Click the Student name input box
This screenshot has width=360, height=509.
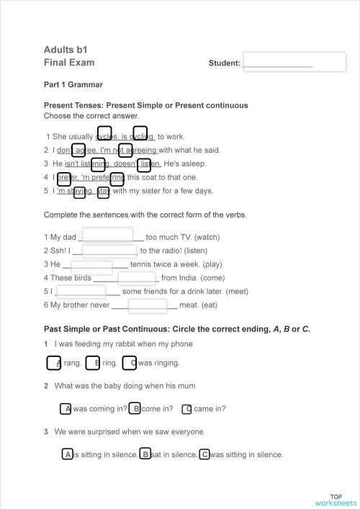point(294,62)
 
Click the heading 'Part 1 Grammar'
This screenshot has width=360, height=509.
point(73,85)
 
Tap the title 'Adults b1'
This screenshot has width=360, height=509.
point(66,50)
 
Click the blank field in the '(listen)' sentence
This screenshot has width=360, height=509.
point(109,251)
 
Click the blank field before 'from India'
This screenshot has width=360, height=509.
point(137,278)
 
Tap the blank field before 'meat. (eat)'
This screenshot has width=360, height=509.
point(148,305)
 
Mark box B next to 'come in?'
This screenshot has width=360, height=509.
point(135,409)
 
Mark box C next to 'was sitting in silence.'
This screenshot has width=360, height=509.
point(204,454)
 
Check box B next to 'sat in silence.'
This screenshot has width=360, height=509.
point(145,454)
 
